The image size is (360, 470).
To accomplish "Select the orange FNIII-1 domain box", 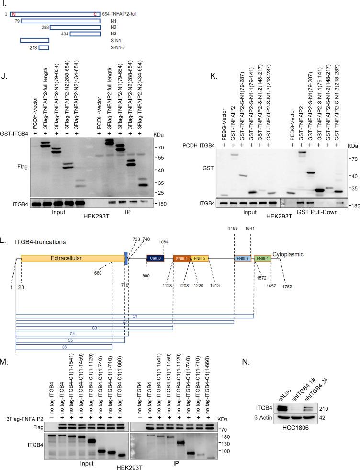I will [x=181, y=258].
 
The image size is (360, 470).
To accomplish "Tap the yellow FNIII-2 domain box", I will [x=200, y=258].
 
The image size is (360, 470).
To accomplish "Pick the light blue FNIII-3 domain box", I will [x=242, y=258].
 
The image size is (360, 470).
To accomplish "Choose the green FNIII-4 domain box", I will [x=262, y=258].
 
